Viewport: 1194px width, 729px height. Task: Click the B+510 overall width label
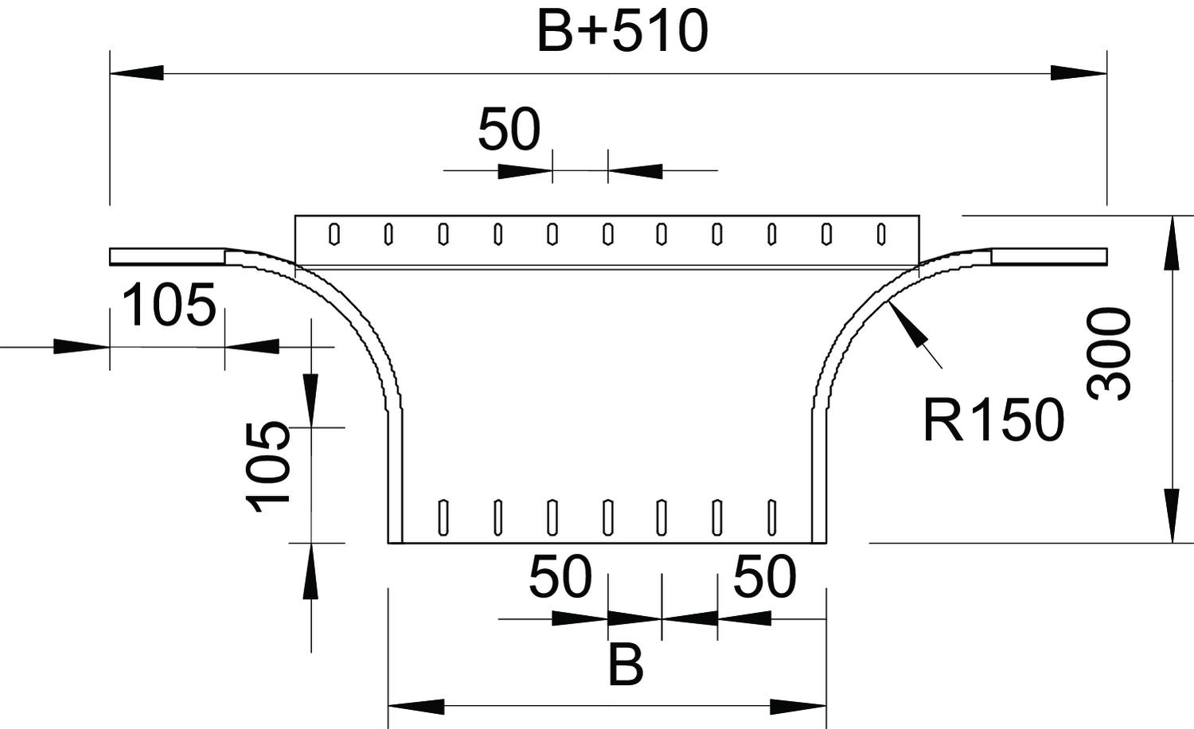pos(622,33)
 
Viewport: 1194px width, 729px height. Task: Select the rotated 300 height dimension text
pos(1109,354)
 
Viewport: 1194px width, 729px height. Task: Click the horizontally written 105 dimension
pos(170,306)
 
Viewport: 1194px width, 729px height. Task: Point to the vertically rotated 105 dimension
pos(267,466)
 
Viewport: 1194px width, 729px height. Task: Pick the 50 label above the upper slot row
pos(509,130)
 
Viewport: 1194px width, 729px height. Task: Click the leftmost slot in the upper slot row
pos(334,234)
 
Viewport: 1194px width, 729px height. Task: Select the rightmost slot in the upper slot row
pos(881,234)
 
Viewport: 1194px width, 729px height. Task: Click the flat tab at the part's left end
pos(167,256)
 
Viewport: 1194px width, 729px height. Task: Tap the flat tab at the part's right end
pos(1049,255)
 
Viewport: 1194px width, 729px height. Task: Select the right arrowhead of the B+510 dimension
pos(1078,73)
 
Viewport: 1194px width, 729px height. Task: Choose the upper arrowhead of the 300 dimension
pos(1172,243)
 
